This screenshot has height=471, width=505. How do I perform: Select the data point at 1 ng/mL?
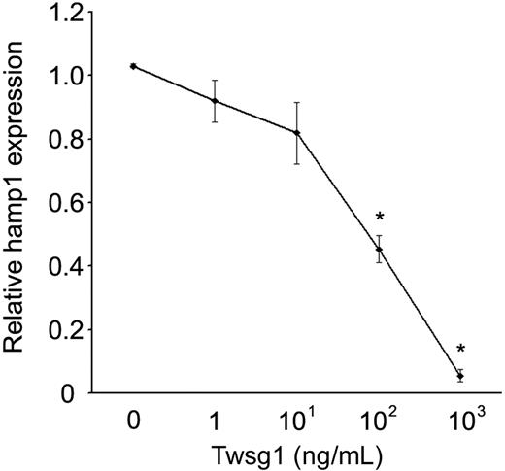point(215,101)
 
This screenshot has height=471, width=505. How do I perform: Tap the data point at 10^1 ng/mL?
point(296,133)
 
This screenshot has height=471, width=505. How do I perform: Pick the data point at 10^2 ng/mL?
point(379,250)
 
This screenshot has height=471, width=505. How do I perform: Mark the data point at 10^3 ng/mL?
point(460,376)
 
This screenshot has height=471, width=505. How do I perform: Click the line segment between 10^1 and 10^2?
point(338,191)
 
